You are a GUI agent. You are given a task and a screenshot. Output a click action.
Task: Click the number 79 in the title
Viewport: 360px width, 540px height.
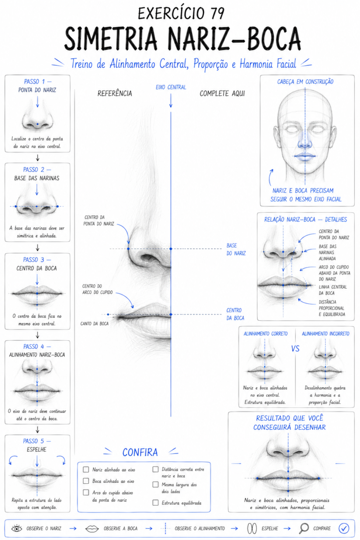tap(217, 14)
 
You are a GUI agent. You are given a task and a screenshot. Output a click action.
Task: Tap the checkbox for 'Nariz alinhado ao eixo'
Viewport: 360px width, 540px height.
tap(86, 469)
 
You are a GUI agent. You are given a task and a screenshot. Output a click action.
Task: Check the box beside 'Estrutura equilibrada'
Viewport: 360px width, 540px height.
tap(155, 503)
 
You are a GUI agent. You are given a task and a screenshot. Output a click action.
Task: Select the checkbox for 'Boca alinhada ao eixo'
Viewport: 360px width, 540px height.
tap(86, 481)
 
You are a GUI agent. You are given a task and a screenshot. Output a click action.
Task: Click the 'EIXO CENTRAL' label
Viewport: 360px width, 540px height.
tap(171, 88)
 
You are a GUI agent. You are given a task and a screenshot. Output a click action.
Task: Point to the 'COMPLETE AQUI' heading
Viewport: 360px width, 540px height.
tap(222, 93)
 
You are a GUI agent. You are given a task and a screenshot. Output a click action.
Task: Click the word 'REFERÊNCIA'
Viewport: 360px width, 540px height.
tap(115, 93)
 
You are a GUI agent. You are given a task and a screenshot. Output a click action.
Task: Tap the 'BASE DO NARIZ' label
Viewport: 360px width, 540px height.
tap(236, 249)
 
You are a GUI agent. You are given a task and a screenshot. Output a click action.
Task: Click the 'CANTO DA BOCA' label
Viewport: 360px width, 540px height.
tap(94, 324)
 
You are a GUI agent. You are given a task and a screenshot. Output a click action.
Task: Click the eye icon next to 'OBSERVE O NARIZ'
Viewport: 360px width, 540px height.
tap(16, 528)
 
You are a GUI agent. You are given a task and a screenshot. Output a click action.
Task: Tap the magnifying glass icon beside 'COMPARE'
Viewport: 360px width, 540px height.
tap(304, 528)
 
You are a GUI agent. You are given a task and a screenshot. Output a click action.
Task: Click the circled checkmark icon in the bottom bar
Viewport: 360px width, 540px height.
tap(344, 528)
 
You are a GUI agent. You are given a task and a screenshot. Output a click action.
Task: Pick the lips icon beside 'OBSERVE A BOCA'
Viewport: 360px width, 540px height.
tap(92, 528)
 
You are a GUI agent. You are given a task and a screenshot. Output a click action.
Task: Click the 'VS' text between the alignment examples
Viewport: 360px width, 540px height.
tap(295, 349)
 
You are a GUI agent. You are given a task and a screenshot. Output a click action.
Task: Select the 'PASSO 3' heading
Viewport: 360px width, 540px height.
tap(34, 260)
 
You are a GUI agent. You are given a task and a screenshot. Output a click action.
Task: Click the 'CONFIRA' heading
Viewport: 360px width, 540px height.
tap(140, 452)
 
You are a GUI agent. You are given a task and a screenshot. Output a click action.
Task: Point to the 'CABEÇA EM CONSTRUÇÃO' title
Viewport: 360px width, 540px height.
tap(305, 82)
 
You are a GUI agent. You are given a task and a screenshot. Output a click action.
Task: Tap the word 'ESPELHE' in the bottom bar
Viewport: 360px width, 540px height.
tap(270, 528)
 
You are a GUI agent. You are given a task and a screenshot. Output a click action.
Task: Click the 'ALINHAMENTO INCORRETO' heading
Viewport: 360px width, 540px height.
tap(326, 334)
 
